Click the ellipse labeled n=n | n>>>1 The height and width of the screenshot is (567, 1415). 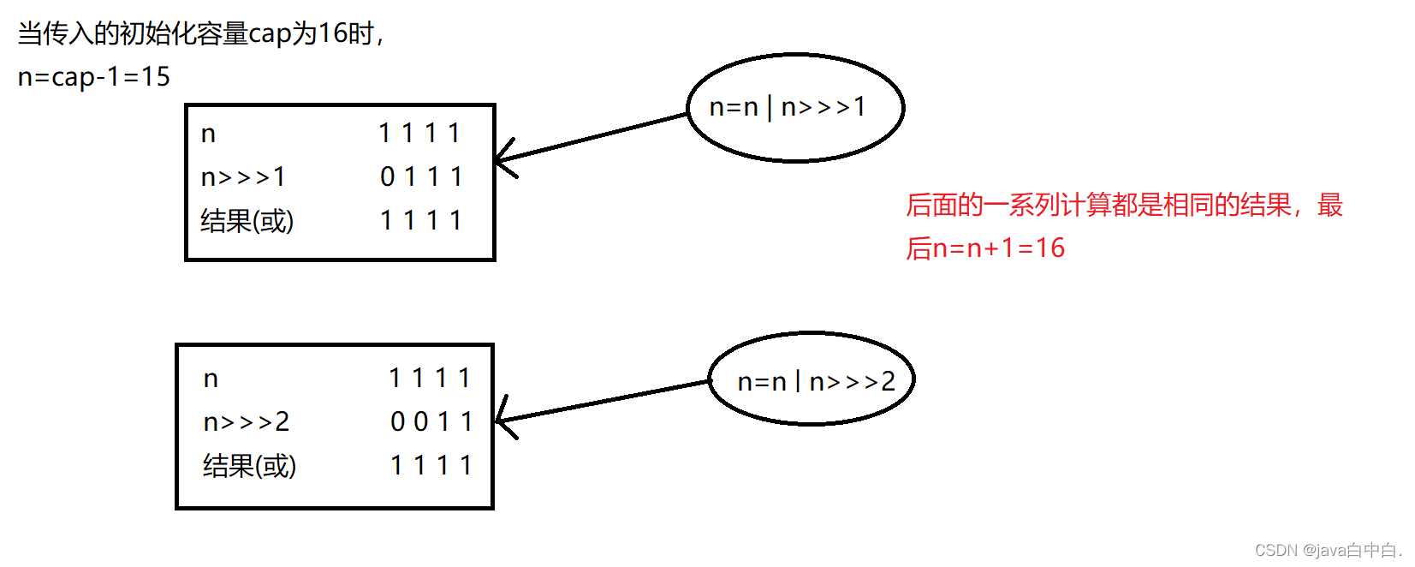(795, 108)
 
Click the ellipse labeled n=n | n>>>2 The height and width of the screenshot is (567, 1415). (812, 379)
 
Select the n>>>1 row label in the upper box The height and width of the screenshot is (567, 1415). (243, 177)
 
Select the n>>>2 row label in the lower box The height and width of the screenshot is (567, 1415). (247, 421)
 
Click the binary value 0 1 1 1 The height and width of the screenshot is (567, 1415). (421, 177)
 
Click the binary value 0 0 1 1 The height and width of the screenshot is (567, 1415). (431, 421)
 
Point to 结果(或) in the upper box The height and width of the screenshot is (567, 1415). (247, 221)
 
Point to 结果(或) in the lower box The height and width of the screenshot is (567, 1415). (249, 466)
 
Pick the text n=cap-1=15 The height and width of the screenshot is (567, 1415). (94, 77)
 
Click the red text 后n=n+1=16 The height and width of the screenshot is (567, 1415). (985, 248)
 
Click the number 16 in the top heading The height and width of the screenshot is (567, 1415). (332, 33)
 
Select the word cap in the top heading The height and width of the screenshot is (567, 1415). (270, 34)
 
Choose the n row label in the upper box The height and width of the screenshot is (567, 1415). (208, 134)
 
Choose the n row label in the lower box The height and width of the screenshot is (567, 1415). (211, 379)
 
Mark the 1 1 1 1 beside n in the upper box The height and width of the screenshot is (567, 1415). (419, 134)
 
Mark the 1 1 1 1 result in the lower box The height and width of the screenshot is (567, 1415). (431, 465)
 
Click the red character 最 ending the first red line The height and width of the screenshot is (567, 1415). (1330, 206)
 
